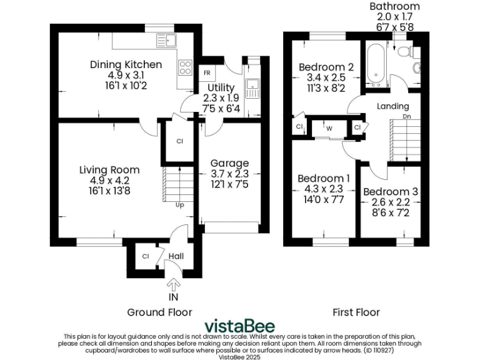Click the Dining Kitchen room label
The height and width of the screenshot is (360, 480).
click(x=126, y=64)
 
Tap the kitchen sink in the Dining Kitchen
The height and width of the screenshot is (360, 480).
click(x=167, y=41)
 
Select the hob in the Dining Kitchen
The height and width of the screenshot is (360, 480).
click(x=185, y=66)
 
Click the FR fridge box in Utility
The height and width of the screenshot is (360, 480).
click(x=206, y=73)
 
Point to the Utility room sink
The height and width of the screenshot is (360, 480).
click(x=252, y=86)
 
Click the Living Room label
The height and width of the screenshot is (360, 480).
click(x=109, y=170)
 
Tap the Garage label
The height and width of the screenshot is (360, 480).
click(x=229, y=163)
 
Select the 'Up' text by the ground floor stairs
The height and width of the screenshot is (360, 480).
click(x=180, y=205)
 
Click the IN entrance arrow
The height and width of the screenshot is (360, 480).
click(x=173, y=287)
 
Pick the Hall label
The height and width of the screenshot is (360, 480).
click(x=176, y=256)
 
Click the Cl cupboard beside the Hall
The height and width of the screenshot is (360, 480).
click(x=145, y=256)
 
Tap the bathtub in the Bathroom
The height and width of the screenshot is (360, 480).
click(x=377, y=65)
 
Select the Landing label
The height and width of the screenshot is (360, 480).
click(x=392, y=106)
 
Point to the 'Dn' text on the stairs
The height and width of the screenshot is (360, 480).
click(x=406, y=117)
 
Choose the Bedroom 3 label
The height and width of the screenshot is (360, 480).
click(x=391, y=192)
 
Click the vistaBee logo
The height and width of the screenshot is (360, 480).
click(x=240, y=326)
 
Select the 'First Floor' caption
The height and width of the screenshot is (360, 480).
click(x=356, y=312)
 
